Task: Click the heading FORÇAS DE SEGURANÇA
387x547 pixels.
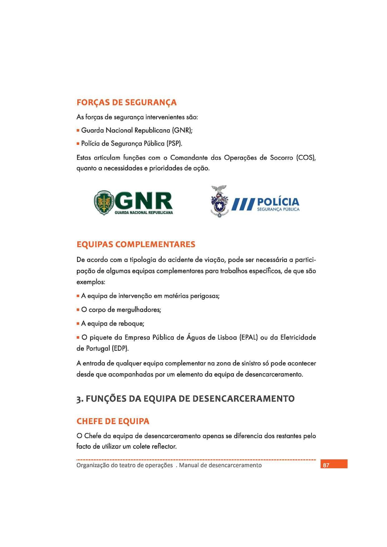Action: pos(127,102)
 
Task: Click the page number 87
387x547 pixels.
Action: pos(326,465)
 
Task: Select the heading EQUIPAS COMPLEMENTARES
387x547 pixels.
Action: pos(136,244)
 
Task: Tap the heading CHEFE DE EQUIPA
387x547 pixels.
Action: pos(113,421)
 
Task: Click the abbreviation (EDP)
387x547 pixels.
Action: pos(120,348)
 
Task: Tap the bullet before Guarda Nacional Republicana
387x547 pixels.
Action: pos(78,130)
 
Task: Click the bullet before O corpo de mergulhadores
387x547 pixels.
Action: pos(78,310)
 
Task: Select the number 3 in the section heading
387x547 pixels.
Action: pos(79,399)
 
